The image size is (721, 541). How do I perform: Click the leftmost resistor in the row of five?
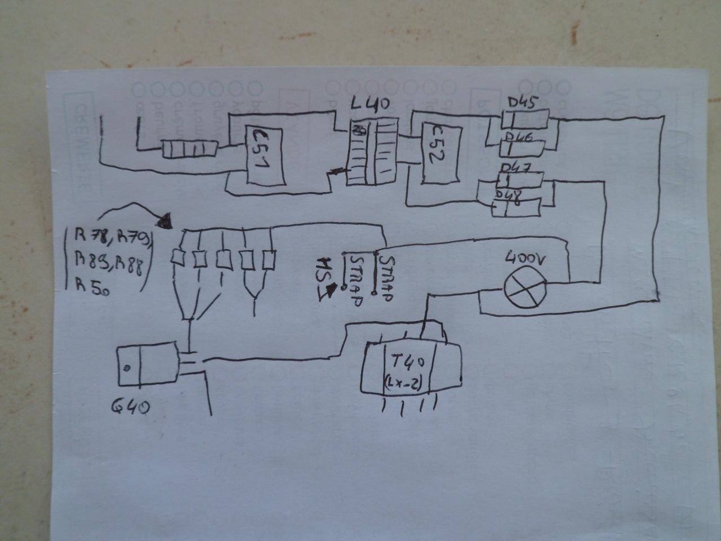178,259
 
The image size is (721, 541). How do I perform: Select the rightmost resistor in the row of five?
270,260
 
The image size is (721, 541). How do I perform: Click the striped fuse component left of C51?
190,149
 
